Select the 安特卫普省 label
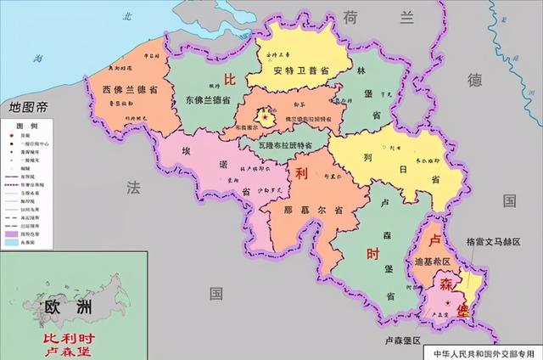(302, 71)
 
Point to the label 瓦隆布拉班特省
(286, 145)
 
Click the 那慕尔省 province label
(302, 209)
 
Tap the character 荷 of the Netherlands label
(350, 15)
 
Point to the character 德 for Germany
(475, 81)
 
